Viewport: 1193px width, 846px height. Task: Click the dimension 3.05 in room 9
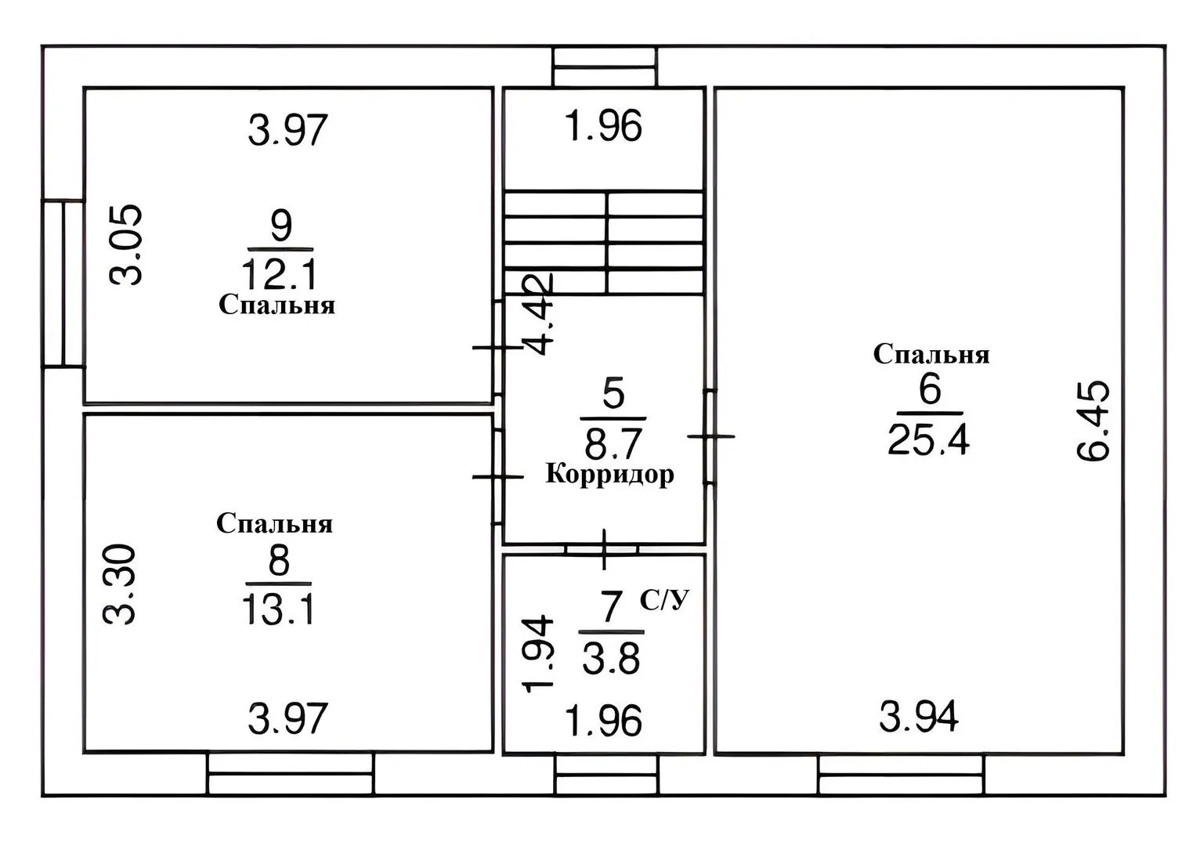125,245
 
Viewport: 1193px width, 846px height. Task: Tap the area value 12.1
280,273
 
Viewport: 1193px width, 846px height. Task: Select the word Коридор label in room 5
609,474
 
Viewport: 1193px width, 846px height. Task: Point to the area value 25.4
928,440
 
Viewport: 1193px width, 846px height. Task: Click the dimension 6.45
1093,421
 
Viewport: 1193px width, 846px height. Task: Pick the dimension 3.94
919,717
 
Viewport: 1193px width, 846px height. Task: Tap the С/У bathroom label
664,600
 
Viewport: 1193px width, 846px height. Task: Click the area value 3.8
611,659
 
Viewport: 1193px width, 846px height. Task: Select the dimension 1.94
539,653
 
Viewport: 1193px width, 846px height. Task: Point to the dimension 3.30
119,584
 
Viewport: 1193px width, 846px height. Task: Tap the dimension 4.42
540,314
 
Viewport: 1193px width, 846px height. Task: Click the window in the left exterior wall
63,284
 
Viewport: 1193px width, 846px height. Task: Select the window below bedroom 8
291,774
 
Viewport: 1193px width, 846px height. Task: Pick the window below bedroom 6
901,775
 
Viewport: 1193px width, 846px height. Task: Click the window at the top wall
605,67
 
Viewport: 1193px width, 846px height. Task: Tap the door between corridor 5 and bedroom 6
710,436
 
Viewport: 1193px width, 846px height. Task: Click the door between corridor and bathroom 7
603,549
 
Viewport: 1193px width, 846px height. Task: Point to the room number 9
280,225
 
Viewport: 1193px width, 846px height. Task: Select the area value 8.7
612,444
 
